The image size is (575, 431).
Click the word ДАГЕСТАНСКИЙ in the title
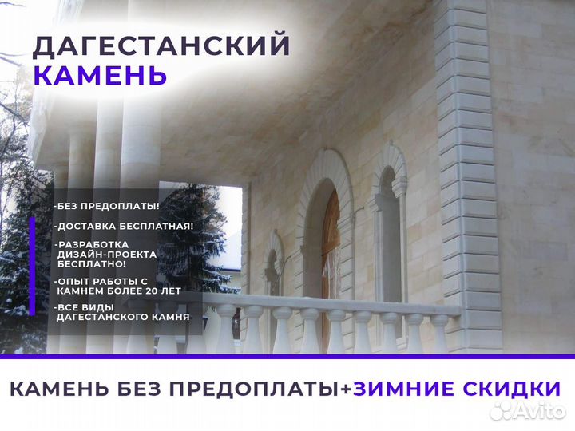[161, 46]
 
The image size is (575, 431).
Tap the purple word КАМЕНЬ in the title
[100, 75]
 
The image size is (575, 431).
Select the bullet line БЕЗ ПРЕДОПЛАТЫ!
[107, 206]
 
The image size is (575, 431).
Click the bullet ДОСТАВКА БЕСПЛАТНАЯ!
[124, 226]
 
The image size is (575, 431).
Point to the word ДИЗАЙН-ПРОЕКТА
[107, 255]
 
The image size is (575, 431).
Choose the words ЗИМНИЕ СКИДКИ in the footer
[457, 389]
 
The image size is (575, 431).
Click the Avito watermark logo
[527, 410]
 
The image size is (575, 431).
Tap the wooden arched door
[331, 267]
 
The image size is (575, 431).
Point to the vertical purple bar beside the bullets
[32, 266]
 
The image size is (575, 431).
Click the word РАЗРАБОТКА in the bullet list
[93, 244]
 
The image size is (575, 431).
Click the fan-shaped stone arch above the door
[324, 172]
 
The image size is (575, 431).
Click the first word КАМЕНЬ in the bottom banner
[59, 389]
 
